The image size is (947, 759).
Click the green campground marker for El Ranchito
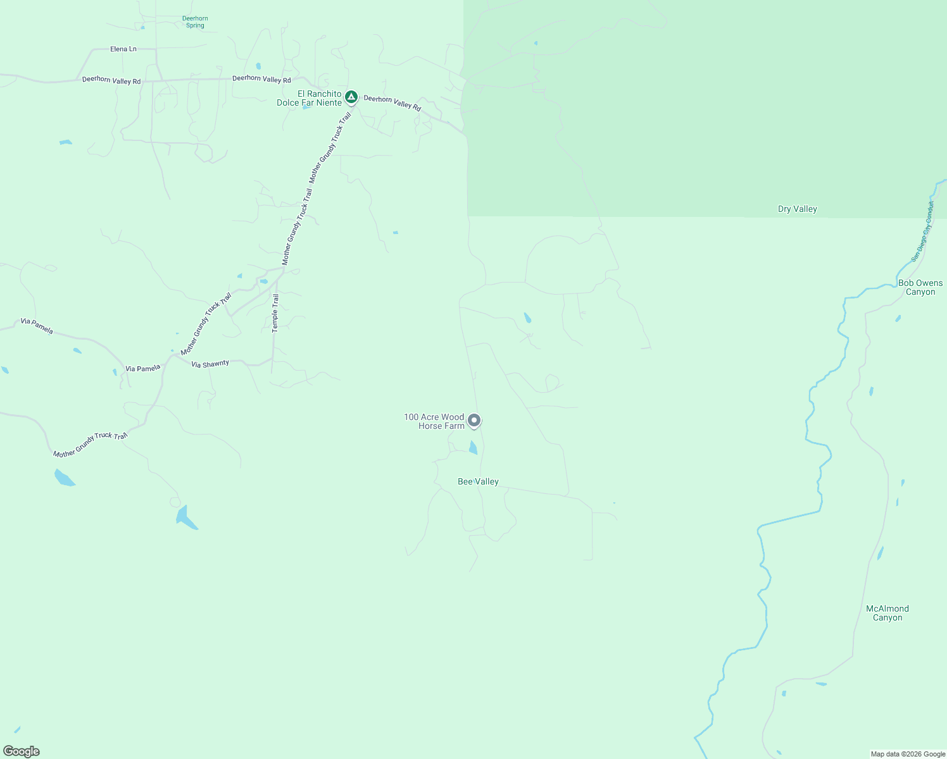[x=351, y=97]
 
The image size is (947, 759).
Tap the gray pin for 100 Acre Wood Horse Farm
[x=473, y=421]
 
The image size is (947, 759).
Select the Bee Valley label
[x=478, y=482]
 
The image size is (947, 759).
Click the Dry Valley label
[x=797, y=209]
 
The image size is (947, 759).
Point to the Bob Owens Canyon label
[x=920, y=288]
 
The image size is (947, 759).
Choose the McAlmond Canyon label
[x=887, y=613]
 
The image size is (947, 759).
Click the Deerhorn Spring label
[x=195, y=22]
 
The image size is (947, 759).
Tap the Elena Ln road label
[x=123, y=49]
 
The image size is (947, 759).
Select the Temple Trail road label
[x=275, y=313]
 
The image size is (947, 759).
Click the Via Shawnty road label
[x=210, y=364]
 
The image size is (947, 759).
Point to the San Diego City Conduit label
[x=922, y=231]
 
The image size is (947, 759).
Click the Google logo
[x=22, y=751]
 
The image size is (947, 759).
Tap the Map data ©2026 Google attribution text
[x=908, y=754]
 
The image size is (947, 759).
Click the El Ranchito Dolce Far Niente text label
[x=310, y=99]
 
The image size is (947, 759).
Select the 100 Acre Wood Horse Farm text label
[x=434, y=421]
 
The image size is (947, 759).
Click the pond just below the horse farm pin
[x=473, y=448]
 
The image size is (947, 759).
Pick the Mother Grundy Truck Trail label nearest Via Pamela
[x=206, y=324]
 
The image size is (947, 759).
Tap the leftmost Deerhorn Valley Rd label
[x=111, y=80]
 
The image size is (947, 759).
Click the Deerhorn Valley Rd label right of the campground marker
[x=392, y=102]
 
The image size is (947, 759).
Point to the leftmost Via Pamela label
[x=37, y=326]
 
